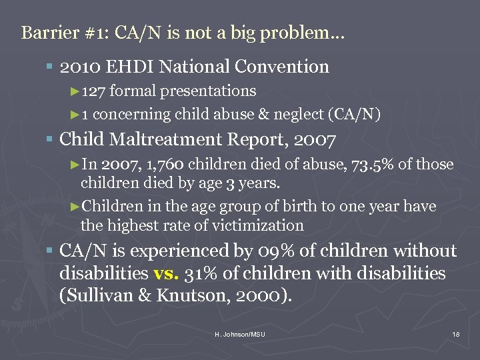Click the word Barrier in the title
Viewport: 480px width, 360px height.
[x=43, y=33]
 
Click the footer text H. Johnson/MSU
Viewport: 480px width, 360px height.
[x=239, y=333]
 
